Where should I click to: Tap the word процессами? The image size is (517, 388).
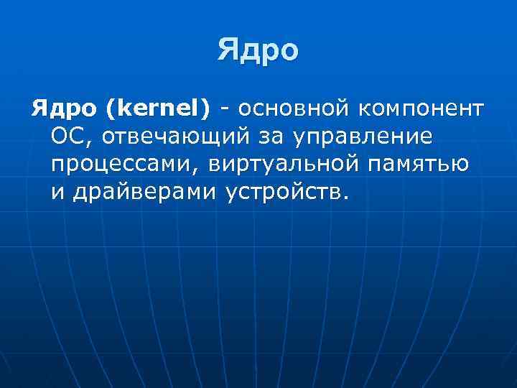point(124,164)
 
